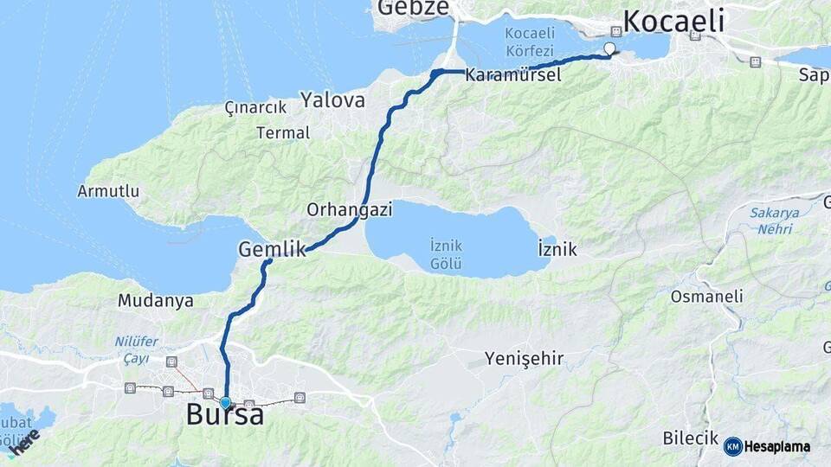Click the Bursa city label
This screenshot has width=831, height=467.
225,416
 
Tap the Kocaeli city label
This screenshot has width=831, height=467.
673,21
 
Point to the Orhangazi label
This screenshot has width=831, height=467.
350,209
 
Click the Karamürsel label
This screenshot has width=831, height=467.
512,75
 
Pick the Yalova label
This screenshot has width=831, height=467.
332,100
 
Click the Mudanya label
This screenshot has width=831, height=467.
156,301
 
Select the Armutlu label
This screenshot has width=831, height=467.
108,190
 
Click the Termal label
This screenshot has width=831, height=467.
283,133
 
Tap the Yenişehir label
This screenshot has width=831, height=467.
524,358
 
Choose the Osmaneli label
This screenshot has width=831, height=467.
706,297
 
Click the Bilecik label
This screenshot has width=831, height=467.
691,438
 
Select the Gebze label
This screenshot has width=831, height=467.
413,9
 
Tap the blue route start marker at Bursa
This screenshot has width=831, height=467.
226,402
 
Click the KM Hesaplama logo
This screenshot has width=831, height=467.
767,446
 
